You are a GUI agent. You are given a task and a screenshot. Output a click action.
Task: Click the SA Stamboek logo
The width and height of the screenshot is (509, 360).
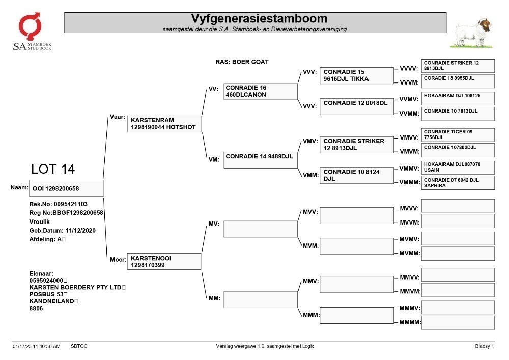[32, 32]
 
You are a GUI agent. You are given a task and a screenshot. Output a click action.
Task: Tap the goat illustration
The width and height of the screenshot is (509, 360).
[471, 34]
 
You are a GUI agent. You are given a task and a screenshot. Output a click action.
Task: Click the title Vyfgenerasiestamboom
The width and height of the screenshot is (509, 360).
[259, 18]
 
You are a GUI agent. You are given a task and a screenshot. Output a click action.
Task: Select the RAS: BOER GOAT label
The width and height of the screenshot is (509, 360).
[242, 62]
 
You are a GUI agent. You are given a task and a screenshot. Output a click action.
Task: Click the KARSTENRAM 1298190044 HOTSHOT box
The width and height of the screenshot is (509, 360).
[164, 124]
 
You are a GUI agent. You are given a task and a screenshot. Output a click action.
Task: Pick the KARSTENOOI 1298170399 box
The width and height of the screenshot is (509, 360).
[164, 261]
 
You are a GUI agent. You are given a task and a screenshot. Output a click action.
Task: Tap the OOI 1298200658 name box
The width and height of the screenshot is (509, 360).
[66, 188]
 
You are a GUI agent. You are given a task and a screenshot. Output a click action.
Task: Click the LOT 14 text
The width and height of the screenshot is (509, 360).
[53, 169]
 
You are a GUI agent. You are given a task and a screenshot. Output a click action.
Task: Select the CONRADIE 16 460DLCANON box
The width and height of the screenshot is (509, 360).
[260, 91]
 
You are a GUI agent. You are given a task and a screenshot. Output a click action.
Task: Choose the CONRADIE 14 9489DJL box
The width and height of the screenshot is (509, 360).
[260, 160]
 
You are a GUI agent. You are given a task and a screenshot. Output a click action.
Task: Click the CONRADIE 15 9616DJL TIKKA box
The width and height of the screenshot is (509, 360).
[356, 76]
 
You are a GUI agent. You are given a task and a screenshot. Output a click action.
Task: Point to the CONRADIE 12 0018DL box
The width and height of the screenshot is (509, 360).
[356, 106]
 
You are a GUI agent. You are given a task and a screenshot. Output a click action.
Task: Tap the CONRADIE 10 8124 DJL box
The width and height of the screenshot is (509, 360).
[356, 175]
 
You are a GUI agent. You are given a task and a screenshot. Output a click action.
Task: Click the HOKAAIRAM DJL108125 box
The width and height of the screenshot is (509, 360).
[458, 99]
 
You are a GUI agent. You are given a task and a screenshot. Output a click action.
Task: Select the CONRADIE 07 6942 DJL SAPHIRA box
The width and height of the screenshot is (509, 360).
[458, 183]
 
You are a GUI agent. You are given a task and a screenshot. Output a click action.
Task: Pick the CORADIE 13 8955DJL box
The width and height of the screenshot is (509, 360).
[458, 81]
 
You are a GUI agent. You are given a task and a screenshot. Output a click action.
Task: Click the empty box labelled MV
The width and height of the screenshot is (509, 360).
[260, 229]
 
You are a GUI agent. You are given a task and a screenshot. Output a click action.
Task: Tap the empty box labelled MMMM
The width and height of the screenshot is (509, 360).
[458, 323]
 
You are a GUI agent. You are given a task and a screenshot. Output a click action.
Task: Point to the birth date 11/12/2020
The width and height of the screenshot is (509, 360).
[80, 231]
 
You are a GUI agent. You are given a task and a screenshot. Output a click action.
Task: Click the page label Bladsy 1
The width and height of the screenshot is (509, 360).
[485, 346]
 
